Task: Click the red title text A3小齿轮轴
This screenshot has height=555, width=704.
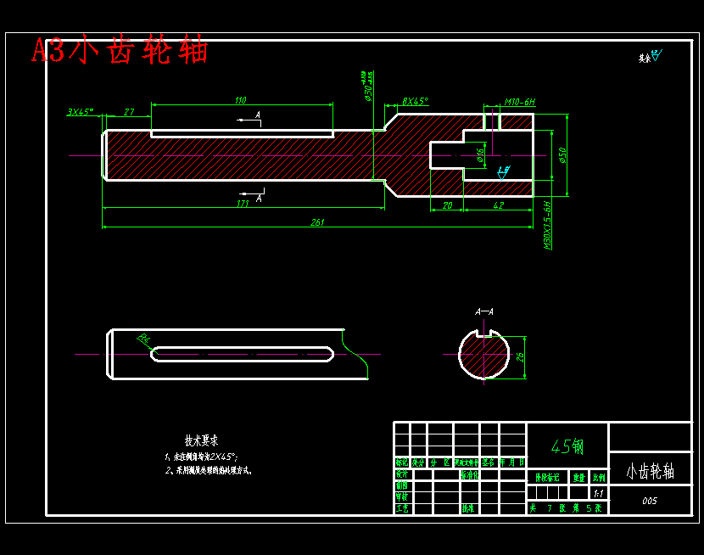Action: pyautogui.click(x=120, y=50)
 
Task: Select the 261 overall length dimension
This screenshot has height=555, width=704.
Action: pyautogui.click(x=317, y=222)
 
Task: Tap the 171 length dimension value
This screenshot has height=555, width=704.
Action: pyautogui.click(x=243, y=203)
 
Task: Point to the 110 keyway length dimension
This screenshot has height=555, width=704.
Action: pyautogui.click(x=241, y=100)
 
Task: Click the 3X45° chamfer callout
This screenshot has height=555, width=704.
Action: pyautogui.click(x=80, y=111)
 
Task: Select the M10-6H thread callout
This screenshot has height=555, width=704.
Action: pyautogui.click(x=520, y=102)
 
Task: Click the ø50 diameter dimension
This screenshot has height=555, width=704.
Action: pyautogui.click(x=562, y=154)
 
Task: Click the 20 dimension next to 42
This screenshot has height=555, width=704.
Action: pyautogui.click(x=447, y=205)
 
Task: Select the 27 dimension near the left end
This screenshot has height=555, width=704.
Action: pyautogui.click(x=129, y=111)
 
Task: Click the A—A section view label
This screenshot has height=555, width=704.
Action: pyautogui.click(x=484, y=311)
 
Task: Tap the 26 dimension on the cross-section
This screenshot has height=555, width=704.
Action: pyautogui.click(x=521, y=357)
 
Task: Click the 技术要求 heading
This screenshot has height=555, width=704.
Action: pyautogui.click(x=201, y=440)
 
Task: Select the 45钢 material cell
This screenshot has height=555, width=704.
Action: pyautogui.click(x=567, y=446)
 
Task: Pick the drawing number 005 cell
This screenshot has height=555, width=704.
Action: pyautogui.click(x=650, y=501)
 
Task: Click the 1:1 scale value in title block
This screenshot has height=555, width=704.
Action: pyautogui.click(x=599, y=493)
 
